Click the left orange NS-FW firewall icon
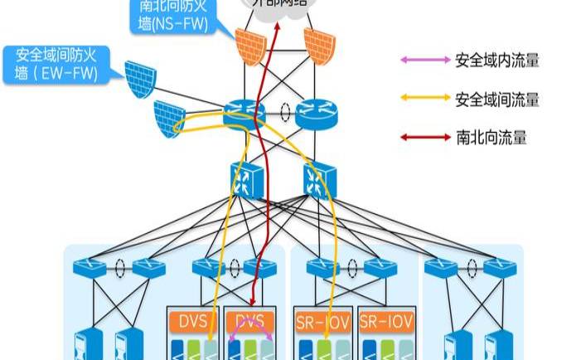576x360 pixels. tap(249, 47)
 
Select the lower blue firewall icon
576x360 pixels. tap(169, 116)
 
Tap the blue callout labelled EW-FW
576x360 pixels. tap(56, 65)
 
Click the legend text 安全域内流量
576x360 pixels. tap(497, 60)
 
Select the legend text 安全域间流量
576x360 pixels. tap(497, 100)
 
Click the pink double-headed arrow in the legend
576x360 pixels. tap(423, 60)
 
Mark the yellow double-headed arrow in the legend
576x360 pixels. tap(423, 100)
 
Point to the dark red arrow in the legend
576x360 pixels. tap(423, 137)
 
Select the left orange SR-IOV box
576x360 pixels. tap(321, 320)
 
